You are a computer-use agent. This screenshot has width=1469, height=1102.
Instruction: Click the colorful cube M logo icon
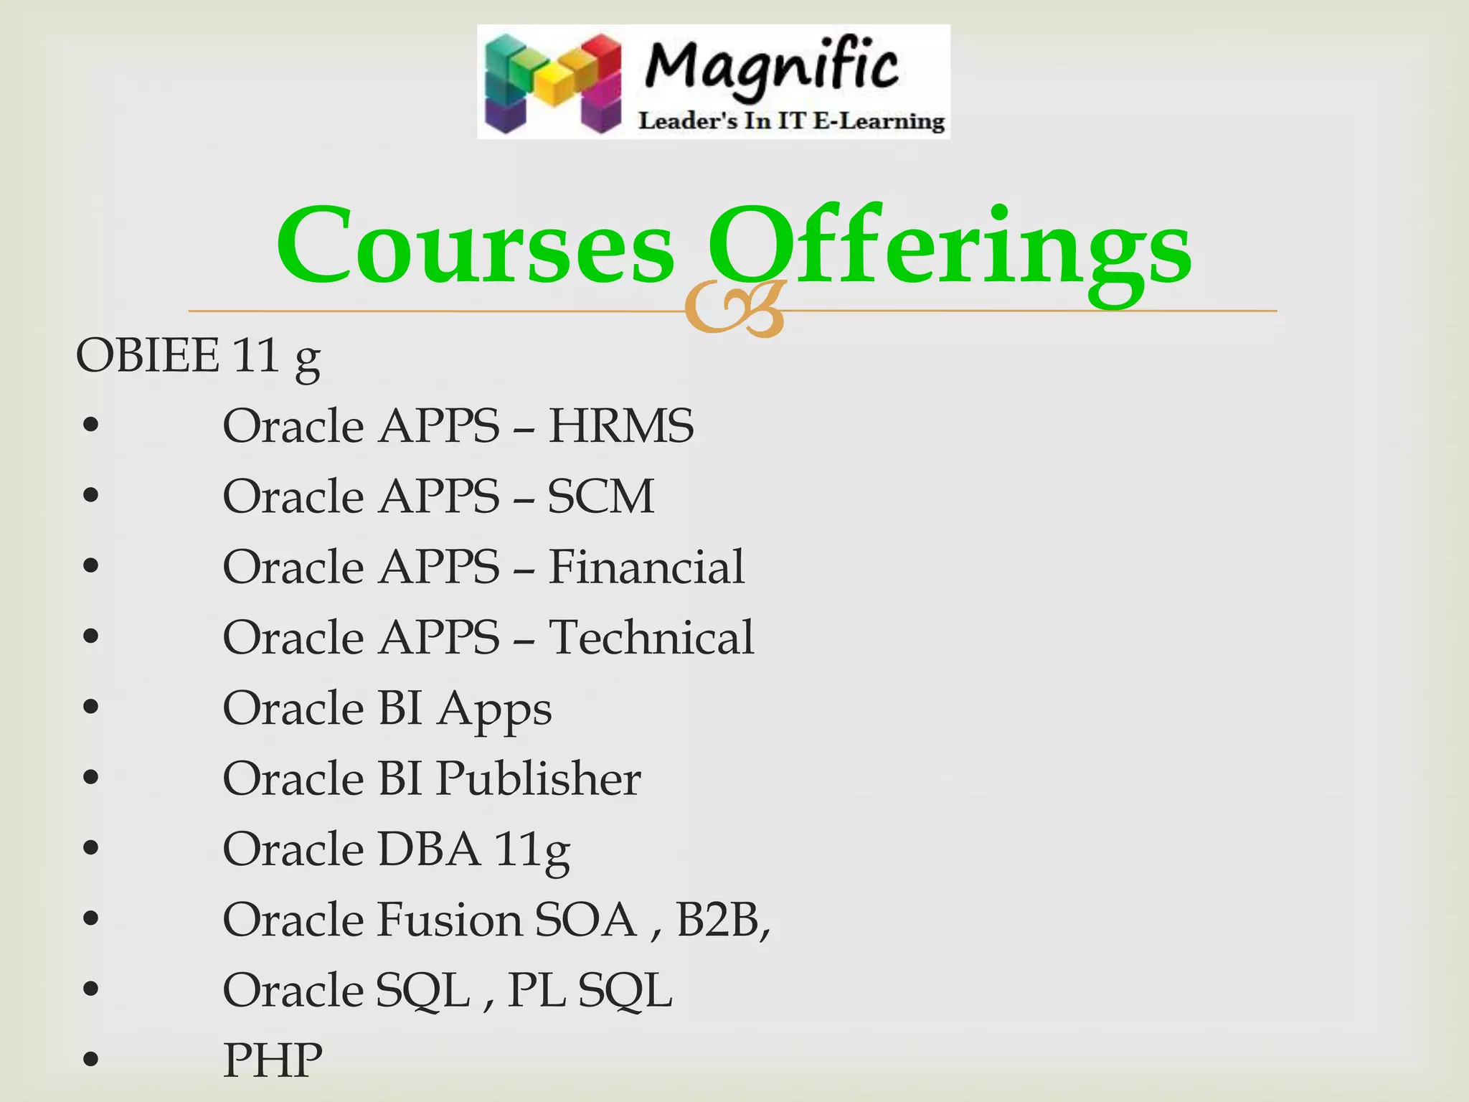[552, 84]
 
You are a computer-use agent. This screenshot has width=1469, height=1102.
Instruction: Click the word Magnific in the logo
[771, 68]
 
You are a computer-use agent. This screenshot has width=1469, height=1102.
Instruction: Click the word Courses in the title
[476, 245]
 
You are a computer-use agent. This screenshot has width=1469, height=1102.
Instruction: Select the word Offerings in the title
[949, 245]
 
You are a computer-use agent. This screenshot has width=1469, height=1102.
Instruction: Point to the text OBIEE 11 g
[198, 356]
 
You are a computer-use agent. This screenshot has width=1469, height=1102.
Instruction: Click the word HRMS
[621, 426]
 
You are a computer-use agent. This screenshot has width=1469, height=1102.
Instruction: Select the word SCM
[601, 496]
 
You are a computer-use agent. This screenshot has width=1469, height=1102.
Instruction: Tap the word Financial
[646, 567]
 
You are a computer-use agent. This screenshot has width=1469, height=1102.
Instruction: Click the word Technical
[651, 637]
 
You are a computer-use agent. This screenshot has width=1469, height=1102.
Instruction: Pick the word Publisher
[538, 778]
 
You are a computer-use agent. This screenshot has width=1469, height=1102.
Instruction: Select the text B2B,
[723, 919]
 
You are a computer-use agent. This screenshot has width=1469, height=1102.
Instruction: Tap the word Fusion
[449, 919]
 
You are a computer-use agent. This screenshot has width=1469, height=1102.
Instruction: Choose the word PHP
[273, 1060]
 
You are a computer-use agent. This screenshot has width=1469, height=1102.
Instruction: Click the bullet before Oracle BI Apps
[90, 707]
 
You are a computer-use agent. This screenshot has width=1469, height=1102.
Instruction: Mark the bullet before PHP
[90, 1060]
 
